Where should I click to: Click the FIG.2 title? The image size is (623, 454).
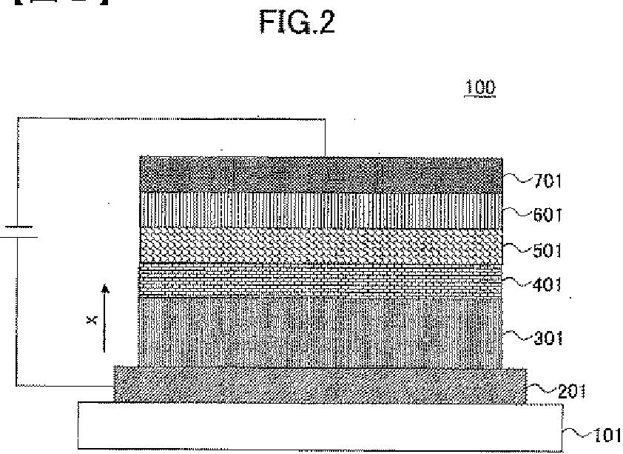click(297, 23)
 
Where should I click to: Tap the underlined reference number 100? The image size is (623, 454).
click(479, 87)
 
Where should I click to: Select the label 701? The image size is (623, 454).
click(548, 179)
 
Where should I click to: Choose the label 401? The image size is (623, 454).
click(548, 284)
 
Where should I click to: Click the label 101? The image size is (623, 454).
click(605, 435)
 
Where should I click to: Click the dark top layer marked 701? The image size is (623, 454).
click(322, 175)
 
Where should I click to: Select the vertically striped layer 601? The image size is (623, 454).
click(322, 210)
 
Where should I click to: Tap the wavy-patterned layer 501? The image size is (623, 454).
click(322, 246)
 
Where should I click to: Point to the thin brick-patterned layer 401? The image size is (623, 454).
click(322, 279)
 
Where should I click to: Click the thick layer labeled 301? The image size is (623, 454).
click(322, 330)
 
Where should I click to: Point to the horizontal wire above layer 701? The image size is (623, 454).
click(170, 117)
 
